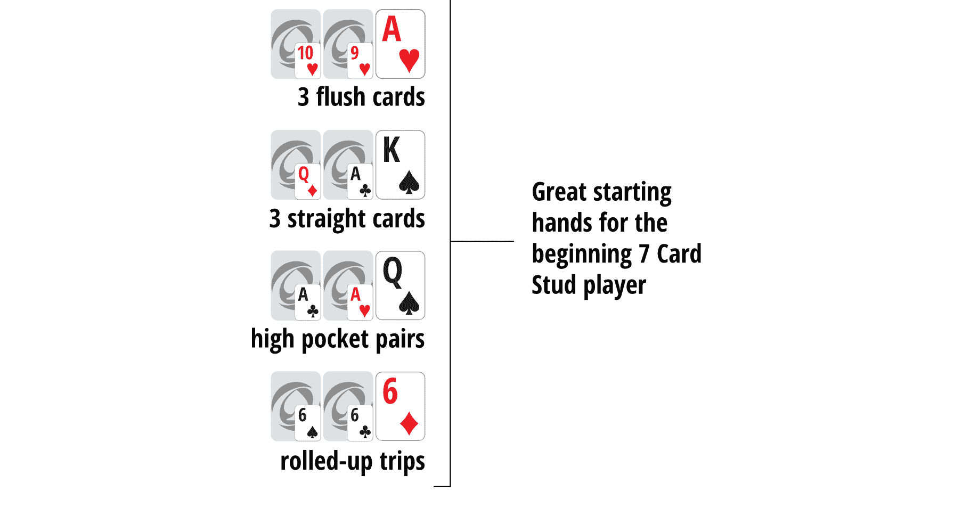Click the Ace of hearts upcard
coord(400,44)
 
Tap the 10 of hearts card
coord(307,60)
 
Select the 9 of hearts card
coord(360,60)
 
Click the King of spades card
coord(400,165)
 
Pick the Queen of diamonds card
coord(307,181)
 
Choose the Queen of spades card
coord(400,285)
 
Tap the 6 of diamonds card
coord(400,406)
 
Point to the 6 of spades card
coord(307,423)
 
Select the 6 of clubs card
coord(360,423)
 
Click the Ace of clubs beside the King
coord(360,181)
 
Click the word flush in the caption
coord(340,97)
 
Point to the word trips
coord(402,461)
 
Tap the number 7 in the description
coord(644,254)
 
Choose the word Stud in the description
coord(554,285)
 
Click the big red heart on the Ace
coord(409,60)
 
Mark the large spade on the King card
coord(409,182)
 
